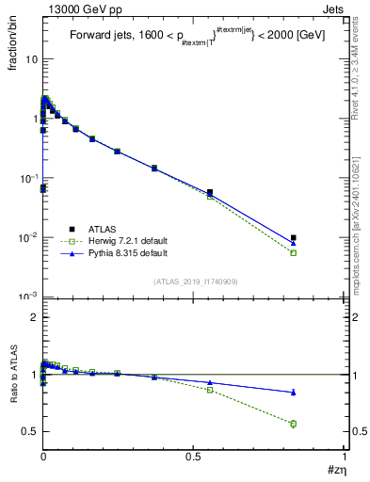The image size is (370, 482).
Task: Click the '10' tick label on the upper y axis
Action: (x=31, y=58)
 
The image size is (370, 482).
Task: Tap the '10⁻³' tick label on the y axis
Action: (x=28, y=297)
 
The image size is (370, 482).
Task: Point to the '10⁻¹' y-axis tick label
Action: (x=28, y=178)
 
